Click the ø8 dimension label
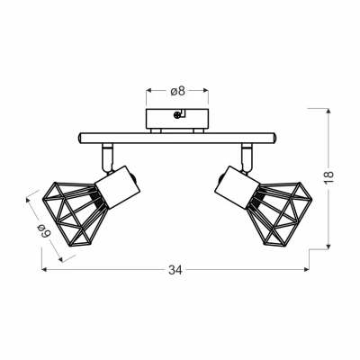tap(177, 91)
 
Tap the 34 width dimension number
tap(175, 270)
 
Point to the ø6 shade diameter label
tap(44, 230)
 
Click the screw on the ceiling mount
tap(178, 114)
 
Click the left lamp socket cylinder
tap(118, 186)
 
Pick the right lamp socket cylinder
tap(238, 186)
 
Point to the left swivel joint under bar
tap(107, 157)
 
